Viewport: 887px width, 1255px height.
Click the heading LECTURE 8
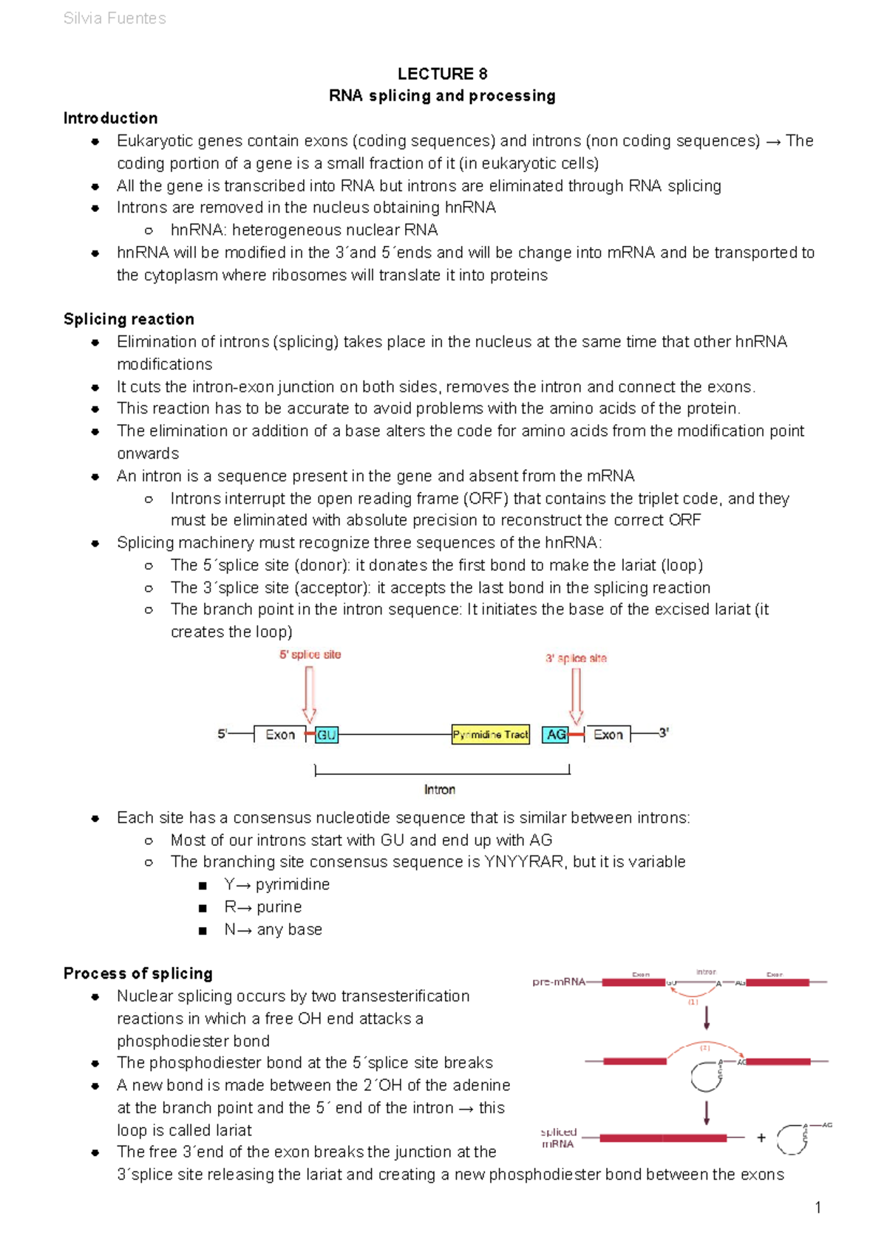(x=442, y=74)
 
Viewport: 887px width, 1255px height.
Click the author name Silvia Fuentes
(x=115, y=18)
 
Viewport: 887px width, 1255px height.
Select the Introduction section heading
(x=110, y=118)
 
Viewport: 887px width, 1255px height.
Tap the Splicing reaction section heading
(x=129, y=319)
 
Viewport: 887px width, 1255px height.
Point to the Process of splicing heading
(x=137, y=974)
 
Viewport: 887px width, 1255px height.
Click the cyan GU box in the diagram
(x=327, y=735)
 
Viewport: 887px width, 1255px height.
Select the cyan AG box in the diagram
(x=556, y=735)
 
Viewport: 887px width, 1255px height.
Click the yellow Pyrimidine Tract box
(x=491, y=735)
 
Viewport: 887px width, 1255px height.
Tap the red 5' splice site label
(x=310, y=654)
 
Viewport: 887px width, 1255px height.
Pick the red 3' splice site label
(x=576, y=658)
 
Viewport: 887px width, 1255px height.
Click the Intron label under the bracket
(x=440, y=790)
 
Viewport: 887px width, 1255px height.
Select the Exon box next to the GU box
(x=280, y=735)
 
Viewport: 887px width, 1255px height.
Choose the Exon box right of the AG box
(x=608, y=735)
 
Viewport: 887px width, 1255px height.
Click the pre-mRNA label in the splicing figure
(x=559, y=982)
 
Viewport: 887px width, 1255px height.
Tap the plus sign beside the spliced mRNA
(x=761, y=1138)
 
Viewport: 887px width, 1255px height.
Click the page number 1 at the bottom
(x=818, y=1208)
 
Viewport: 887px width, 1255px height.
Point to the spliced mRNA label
(x=558, y=1138)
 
